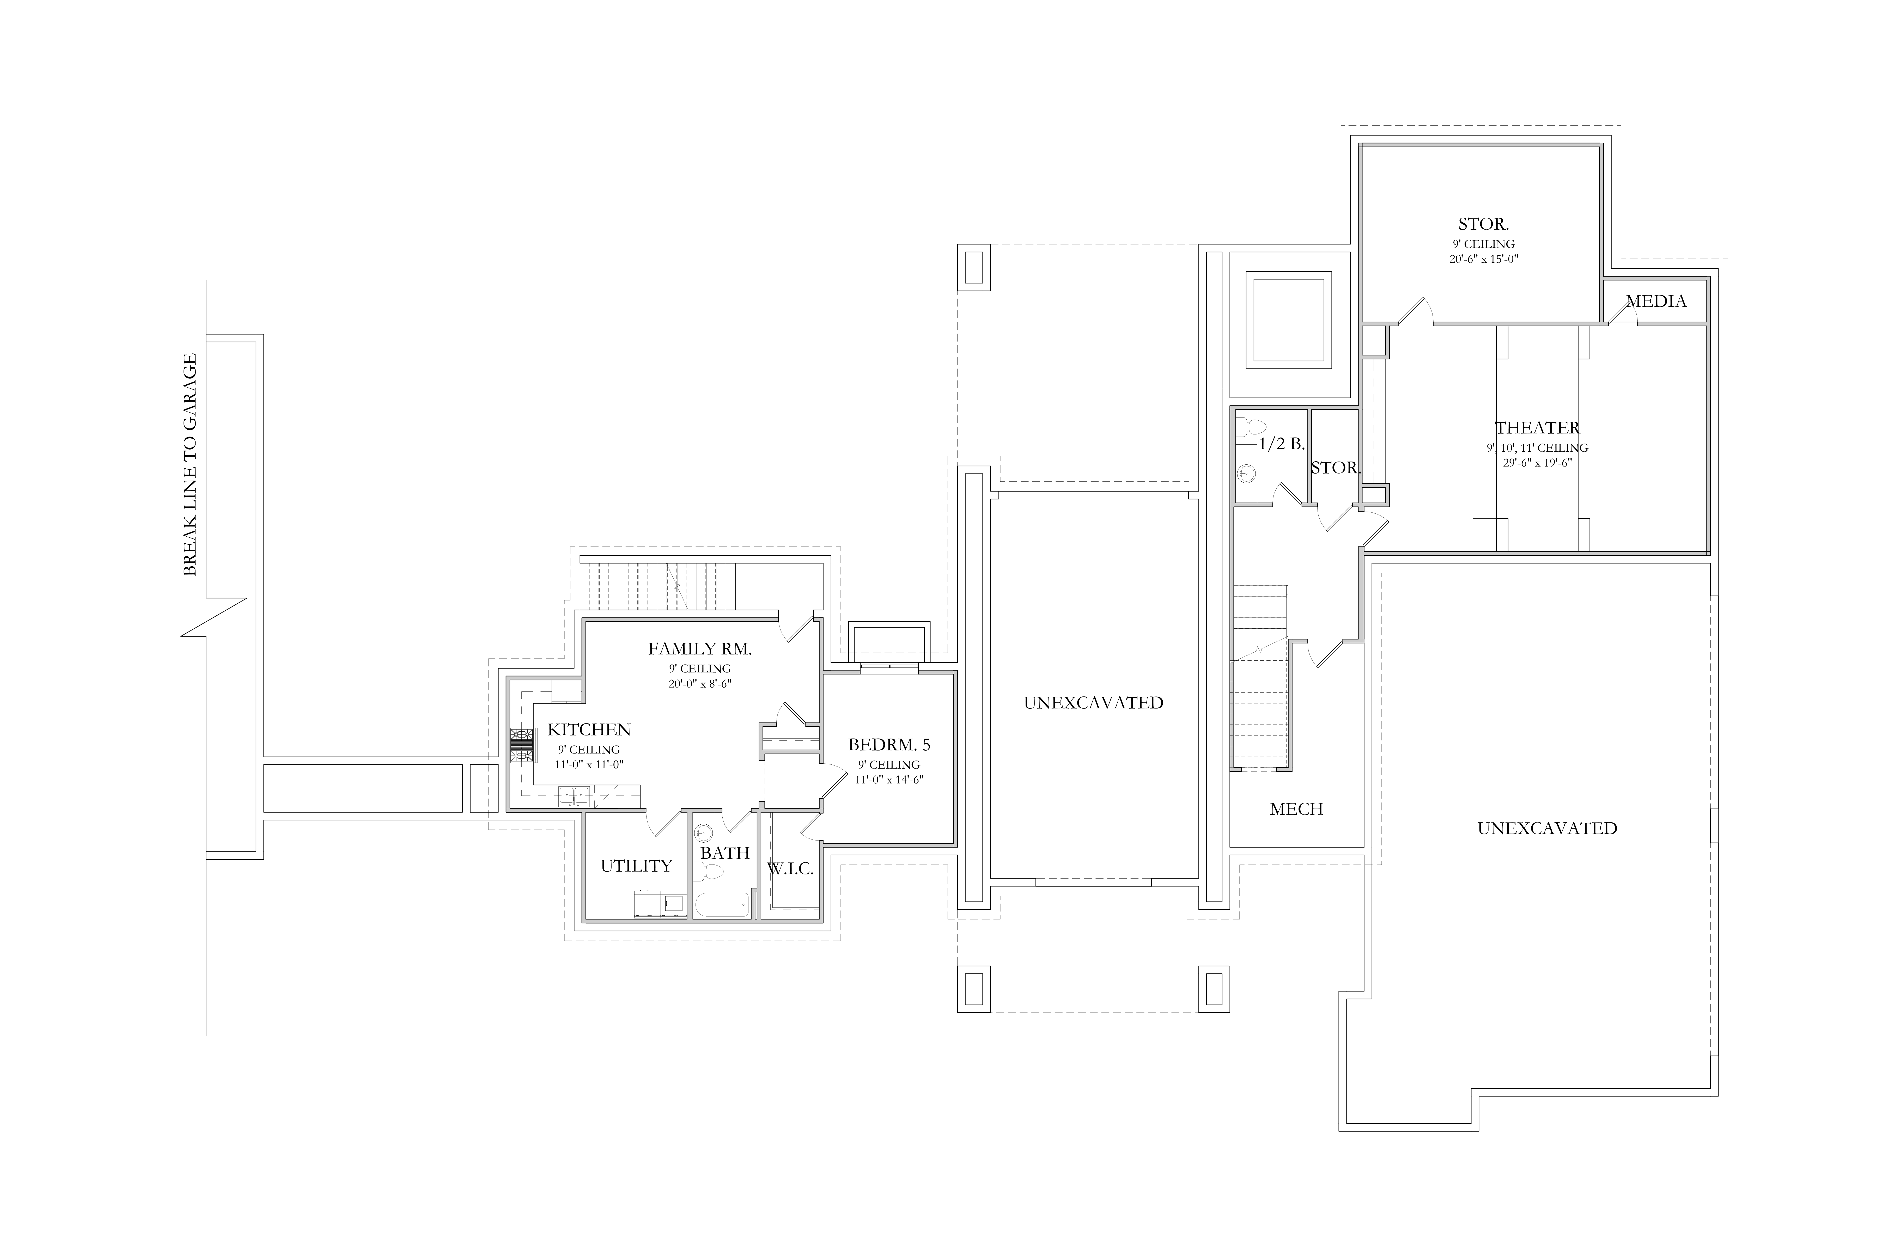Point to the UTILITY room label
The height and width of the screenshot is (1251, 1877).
pyautogui.click(x=636, y=866)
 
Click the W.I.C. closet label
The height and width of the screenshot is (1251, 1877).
pyautogui.click(x=790, y=869)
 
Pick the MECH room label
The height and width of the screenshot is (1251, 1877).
pyautogui.click(x=1296, y=809)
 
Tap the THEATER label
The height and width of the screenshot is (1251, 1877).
pyautogui.click(x=1537, y=428)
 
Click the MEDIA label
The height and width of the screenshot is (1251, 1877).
pyautogui.click(x=1656, y=301)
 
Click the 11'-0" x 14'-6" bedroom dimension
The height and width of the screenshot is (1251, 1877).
pyautogui.click(x=889, y=780)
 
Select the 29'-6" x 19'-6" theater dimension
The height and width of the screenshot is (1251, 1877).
pyautogui.click(x=1537, y=462)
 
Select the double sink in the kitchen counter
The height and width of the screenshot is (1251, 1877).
pyautogui.click(x=575, y=795)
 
